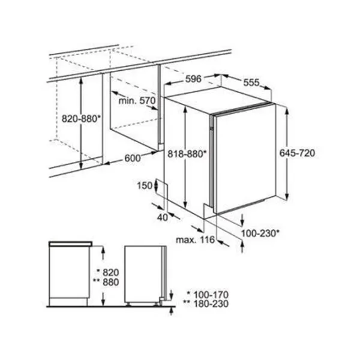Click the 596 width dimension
point(193,79)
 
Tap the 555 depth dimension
point(251,82)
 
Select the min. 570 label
point(137,101)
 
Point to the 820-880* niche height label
point(81,119)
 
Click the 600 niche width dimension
point(133,158)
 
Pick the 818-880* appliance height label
point(187,154)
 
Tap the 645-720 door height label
point(297,153)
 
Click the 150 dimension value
point(145,185)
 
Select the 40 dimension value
point(163,217)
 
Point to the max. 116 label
point(195,240)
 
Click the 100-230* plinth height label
point(260,233)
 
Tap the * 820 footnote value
point(108,272)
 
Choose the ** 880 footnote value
point(106,282)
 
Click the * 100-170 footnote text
point(208,295)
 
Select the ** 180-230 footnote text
point(206,304)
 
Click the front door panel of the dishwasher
point(245,158)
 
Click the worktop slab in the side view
point(70,244)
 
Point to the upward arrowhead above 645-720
point(287,111)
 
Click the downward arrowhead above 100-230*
point(242,222)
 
